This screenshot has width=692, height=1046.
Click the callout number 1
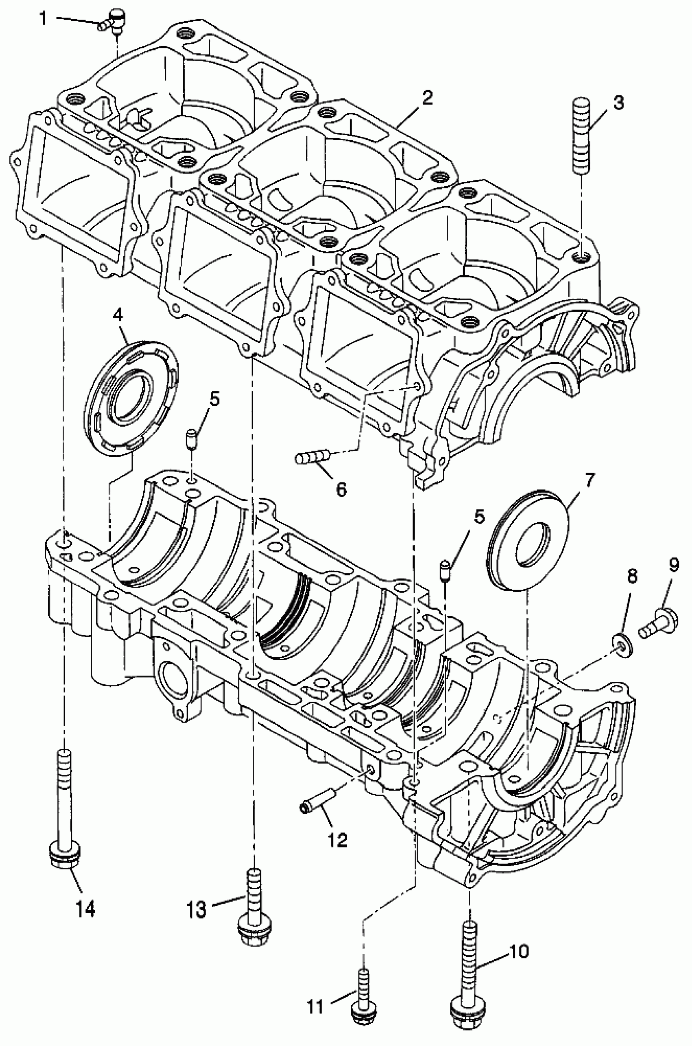[43, 19]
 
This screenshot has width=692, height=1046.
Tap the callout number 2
[426, 98]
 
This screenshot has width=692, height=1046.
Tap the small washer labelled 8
[623, 649]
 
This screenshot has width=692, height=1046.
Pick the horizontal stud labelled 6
[313, 456]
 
